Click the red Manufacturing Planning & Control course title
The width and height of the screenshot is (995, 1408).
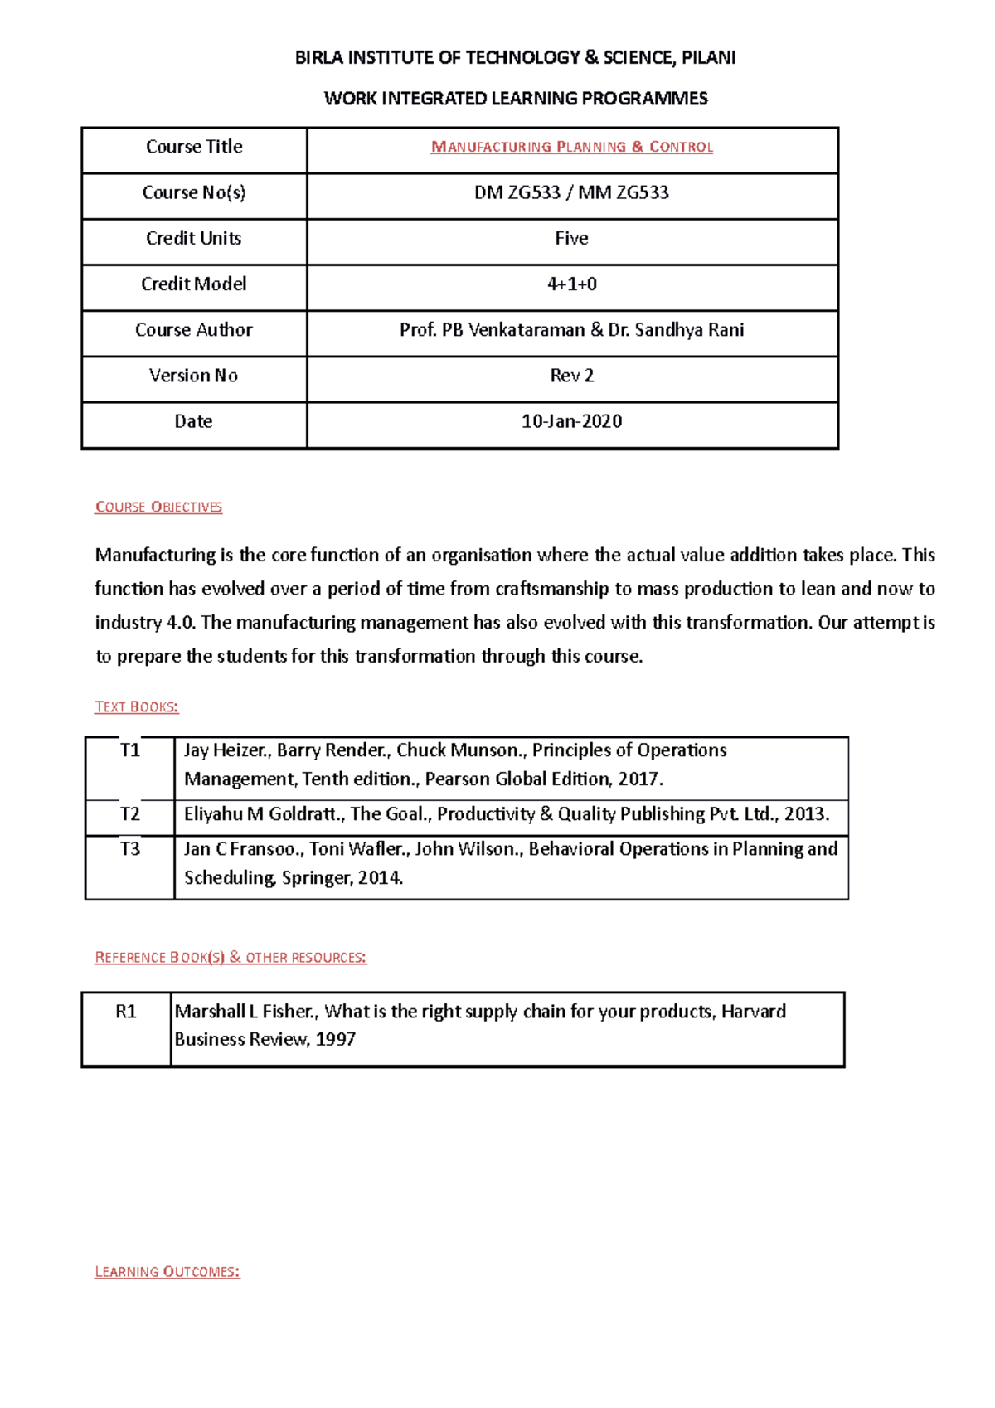click(571, 147)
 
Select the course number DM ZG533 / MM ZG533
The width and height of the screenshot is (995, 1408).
click(571, 192)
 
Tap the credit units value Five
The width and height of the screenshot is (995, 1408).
click(571, 238)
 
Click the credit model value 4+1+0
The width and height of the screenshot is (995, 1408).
click(571, 284)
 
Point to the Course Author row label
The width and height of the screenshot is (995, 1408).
click(193, 330)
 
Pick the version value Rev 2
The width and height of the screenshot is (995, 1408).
click(571, 376)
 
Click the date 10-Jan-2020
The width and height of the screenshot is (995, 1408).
click(571, 421)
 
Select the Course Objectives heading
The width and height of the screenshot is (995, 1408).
click(158, 507)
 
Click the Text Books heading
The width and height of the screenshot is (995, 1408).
click(137, 706)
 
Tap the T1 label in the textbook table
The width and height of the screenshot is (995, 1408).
click(130, 750)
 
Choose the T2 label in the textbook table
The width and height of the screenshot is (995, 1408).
click(130, 813)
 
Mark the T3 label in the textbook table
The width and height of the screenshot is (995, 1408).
click(130, 848)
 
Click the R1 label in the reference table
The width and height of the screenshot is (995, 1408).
click(126, 1011)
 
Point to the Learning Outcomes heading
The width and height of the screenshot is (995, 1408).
click(167, 1272)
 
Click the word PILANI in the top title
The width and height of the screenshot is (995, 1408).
click(708, 57)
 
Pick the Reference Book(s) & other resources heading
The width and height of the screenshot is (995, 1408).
click(231, 957)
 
